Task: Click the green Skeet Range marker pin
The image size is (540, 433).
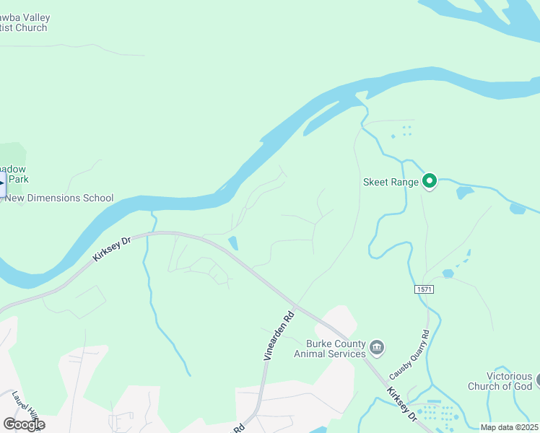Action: (430, 181)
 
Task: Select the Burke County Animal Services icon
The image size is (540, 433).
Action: (376, 349)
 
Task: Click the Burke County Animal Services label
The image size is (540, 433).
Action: (330, 349)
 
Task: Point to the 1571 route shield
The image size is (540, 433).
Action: (424, 289)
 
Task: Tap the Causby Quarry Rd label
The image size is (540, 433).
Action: (409, 355)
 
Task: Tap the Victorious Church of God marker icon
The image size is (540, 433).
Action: (536, 378)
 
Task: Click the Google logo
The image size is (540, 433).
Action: (24, 424)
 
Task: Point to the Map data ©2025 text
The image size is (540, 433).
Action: (509, 427)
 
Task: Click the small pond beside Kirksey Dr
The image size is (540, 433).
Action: (232, 243)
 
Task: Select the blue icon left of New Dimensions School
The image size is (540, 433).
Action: (2, 183)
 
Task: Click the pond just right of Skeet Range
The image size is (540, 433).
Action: (464, 193)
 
